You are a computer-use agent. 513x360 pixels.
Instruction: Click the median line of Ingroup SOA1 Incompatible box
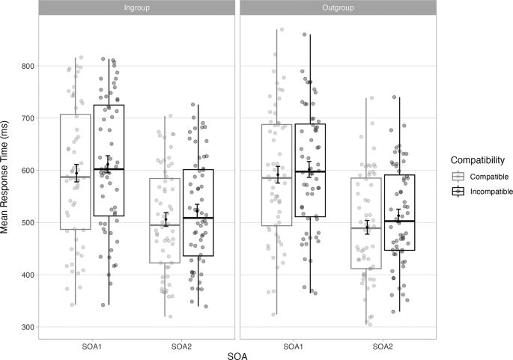(x=109, y=170)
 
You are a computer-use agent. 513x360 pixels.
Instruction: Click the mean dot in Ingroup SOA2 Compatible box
(x=166, y=220)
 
